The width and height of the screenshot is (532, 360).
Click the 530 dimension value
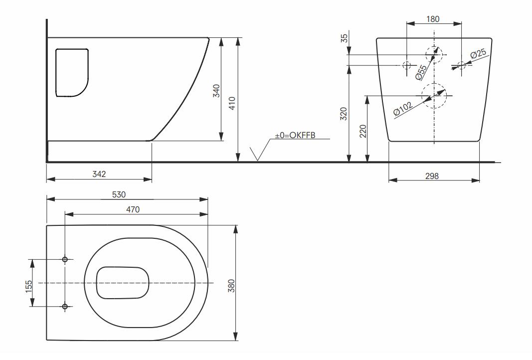point(119,194)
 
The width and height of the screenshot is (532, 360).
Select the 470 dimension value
point(132,210)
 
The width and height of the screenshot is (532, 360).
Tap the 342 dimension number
point(99,174)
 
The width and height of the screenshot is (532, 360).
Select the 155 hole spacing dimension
point(29,285)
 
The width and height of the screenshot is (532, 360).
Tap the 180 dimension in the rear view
point(434,19)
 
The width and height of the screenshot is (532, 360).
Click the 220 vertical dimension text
point(362,131)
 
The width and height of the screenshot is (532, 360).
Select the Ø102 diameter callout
point(403,109)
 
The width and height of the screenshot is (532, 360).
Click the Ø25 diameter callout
point(478,53)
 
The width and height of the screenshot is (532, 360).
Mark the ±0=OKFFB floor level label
point(296,135)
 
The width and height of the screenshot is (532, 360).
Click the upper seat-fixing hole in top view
point(65,259)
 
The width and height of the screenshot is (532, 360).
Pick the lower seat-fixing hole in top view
point(65,306)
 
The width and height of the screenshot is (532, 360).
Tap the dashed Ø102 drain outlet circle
point(434,95)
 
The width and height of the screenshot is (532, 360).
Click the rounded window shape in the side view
point(72,72)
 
